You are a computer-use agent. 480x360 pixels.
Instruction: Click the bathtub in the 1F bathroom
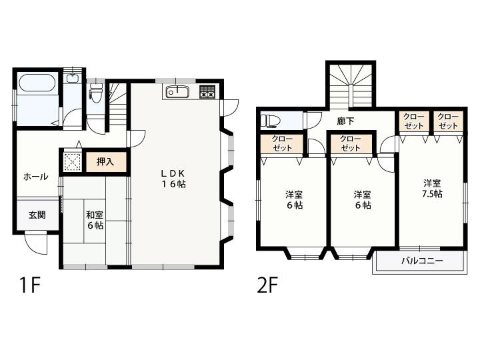coord(37,83)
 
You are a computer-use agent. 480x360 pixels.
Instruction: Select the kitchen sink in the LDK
coord(177,92)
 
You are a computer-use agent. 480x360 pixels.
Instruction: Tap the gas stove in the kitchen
coord(207,91)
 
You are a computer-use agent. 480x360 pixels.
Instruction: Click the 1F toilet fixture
coord(96,93)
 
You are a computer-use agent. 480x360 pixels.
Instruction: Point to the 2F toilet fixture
coord(270,120)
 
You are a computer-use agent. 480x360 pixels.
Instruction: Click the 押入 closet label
coord(105,162)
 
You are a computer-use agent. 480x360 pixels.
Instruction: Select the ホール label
coord(35,177)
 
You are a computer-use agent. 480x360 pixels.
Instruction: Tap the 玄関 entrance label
coord(37,215)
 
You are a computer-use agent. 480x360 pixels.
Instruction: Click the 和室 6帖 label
coord(95,220)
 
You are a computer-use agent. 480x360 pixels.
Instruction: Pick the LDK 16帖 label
coord(173,179)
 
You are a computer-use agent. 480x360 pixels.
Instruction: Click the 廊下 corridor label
coord(345,121)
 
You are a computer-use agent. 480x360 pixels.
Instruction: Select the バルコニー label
coord(422,261)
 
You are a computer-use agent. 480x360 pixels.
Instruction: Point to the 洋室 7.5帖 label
coord(432,189)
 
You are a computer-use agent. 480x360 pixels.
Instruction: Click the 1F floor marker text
coord(30,285)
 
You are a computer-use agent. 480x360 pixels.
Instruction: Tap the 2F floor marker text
coord(267,285)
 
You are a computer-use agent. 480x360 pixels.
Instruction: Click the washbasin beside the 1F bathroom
coord(73,78)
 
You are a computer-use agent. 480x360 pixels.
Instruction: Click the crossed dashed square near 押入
coord(73,162)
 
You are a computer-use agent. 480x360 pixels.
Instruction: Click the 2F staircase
coord(351,86)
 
